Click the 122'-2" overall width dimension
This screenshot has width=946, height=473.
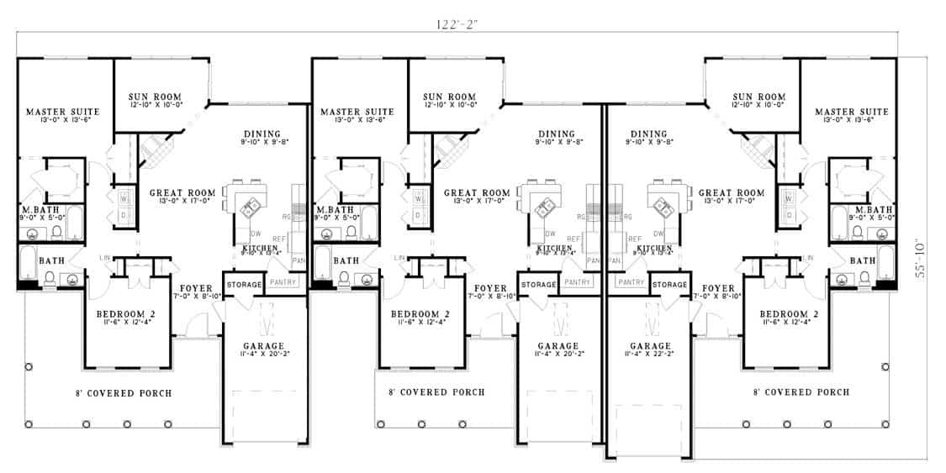tap(457, 24)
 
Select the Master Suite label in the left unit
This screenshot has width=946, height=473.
tap(63, 112)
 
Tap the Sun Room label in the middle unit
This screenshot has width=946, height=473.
tap(449, 97)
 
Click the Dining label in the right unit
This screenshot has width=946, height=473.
tap(647, 134)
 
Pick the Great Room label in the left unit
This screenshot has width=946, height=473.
tap(179, 192)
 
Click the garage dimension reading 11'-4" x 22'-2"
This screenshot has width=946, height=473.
tap(650, 355)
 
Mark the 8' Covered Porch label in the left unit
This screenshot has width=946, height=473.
tap(123, 392)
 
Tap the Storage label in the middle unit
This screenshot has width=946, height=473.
tap(538, 285)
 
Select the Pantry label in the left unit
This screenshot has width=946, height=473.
tap(283, 283)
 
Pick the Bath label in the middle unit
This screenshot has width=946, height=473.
tap(346, 261)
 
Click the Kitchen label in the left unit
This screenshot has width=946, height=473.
tap(260, 249)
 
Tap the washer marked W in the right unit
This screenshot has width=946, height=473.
tap(789, 199)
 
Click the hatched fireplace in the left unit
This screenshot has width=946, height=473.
tap(155, 150)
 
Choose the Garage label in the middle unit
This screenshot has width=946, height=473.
tap(558, 345)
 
